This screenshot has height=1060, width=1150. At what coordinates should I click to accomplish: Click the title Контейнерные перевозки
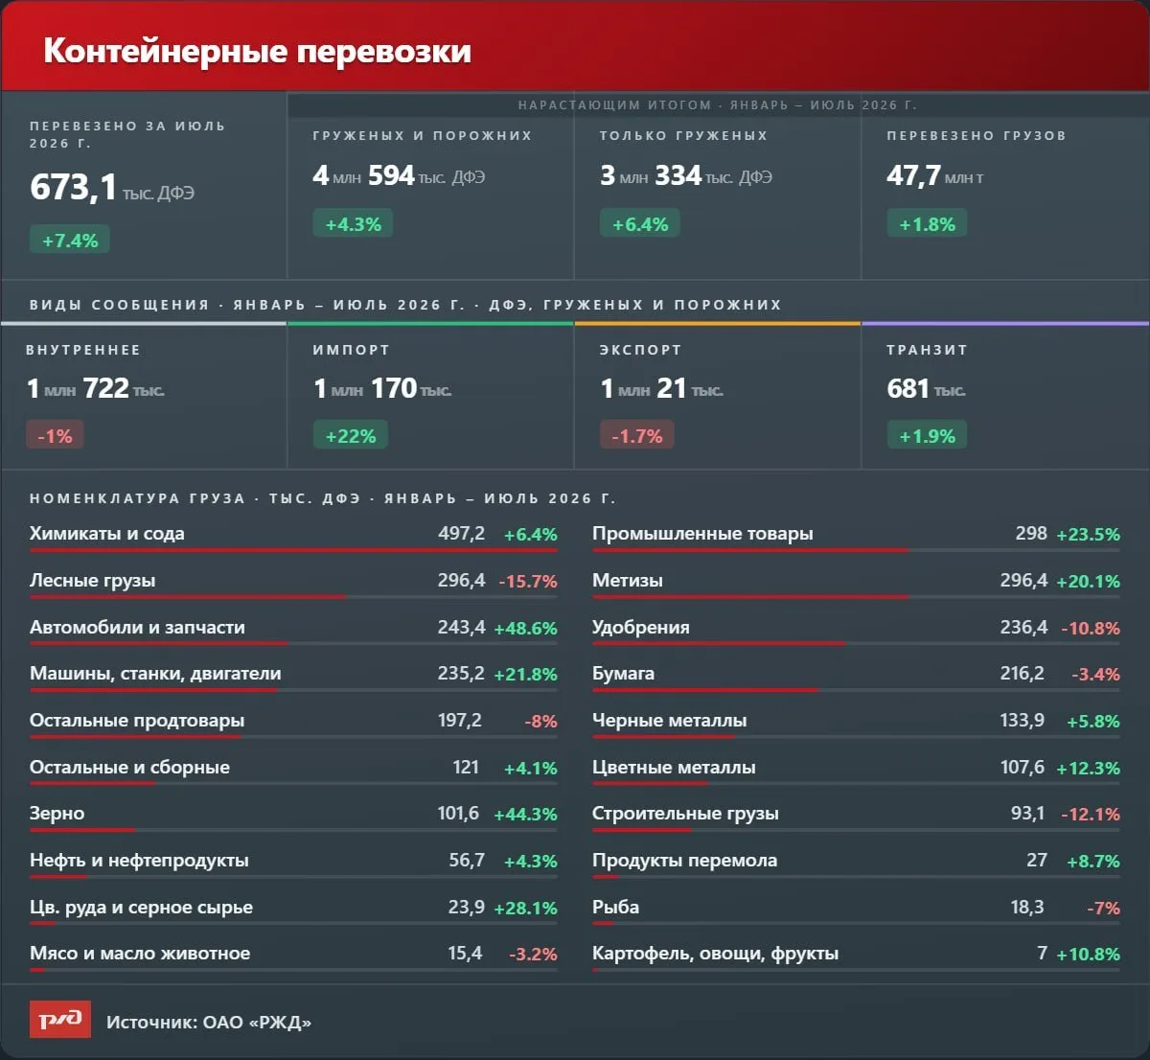[258, 51]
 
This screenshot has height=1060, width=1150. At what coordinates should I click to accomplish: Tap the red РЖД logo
[60, 1019]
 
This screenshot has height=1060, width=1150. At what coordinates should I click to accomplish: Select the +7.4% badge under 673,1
[70, 241]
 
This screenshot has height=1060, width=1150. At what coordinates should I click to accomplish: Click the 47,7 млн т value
[935, 175]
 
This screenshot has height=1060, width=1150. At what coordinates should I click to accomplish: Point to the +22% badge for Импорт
[351, 436]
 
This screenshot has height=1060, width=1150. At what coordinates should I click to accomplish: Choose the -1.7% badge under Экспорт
[637, 436]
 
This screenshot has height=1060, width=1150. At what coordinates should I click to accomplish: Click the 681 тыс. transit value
[927, 389]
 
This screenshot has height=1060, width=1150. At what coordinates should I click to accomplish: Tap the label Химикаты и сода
[107, 534]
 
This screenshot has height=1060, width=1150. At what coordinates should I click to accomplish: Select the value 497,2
[462, 534]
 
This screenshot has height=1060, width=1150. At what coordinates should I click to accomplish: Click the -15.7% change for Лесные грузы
[528, 581]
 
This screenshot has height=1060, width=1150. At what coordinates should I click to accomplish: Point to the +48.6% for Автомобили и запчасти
[526, 628]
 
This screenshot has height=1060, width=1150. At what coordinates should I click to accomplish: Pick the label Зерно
[57, 814]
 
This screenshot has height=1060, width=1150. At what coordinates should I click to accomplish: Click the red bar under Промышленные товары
[750, 550]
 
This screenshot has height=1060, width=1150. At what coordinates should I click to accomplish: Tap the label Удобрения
[641, 628]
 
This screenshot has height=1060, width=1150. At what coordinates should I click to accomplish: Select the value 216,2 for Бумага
[1023, 673]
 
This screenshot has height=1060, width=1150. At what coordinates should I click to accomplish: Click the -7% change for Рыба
[1104, 908]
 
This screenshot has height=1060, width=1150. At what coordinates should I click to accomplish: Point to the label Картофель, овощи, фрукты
[716, 954]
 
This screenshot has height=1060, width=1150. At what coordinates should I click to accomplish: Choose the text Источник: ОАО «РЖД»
[209, 1022]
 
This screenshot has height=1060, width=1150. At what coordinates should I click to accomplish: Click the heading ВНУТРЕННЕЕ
[83, 350]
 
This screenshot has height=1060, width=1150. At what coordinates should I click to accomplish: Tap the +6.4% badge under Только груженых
[640, 223]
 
